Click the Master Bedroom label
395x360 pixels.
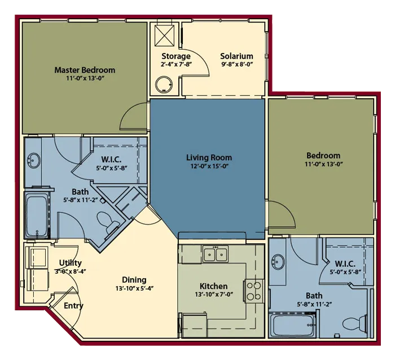click(x=85, y=70)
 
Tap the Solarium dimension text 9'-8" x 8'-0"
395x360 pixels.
click(x=237, y=64)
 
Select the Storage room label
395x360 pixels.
click(x=176, y=56)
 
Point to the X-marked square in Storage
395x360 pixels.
click(x=165, y=36)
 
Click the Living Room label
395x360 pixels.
click(x=209, y=157)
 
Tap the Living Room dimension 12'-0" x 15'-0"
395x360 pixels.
click(x=209, y=166)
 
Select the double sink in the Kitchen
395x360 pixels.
click(x=216, y=254)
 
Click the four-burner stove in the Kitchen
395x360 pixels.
click(x=254, y=291)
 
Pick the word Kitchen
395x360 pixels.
click(x=214, y=286)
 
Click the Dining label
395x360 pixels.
click(x=134, y=280)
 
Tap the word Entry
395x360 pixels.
click(x=73, y=306)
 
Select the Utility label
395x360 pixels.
click(x=71, y=263)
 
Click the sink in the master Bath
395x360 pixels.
click(x=34, y=160)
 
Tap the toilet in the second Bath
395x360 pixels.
click(x=354, y=324)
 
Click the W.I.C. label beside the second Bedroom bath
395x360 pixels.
click(x=345, y=264)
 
